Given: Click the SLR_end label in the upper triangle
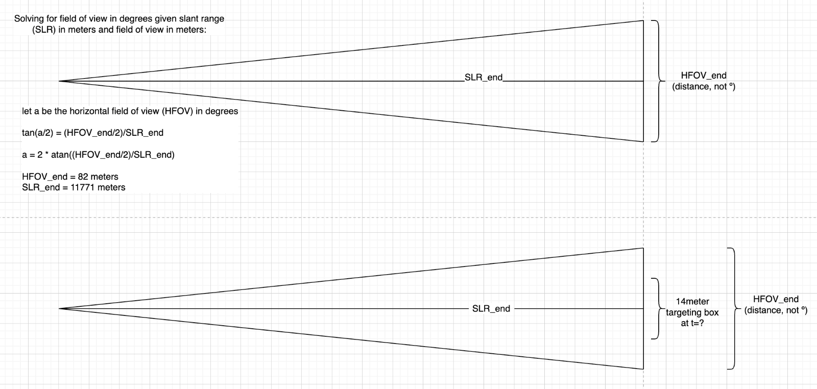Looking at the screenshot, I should (x=484, y=78).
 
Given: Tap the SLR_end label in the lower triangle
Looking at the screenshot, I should (x=491, y=308).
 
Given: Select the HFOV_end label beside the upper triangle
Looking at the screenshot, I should (x=703, y=76).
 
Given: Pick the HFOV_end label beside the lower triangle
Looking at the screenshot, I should (x=776, y=300).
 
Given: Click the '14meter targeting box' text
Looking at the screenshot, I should (x=692, y=307).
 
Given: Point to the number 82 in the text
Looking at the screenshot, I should (x=83, y=177).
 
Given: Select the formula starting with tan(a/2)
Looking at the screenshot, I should (x=92, y=133).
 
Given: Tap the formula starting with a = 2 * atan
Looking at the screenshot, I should (x=98, y=155).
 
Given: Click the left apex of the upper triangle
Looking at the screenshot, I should (x=60, y=81).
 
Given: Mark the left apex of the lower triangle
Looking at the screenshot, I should (x=60, y=308).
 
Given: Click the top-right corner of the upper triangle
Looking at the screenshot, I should (x=643, y=21).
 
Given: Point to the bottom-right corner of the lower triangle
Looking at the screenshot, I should (x=643, y=368).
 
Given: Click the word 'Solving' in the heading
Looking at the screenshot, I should (x=29, y=19).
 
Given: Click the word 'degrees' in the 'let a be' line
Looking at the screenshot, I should (x=221, y=111).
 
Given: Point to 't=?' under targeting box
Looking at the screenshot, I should (x=697, y=323).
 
